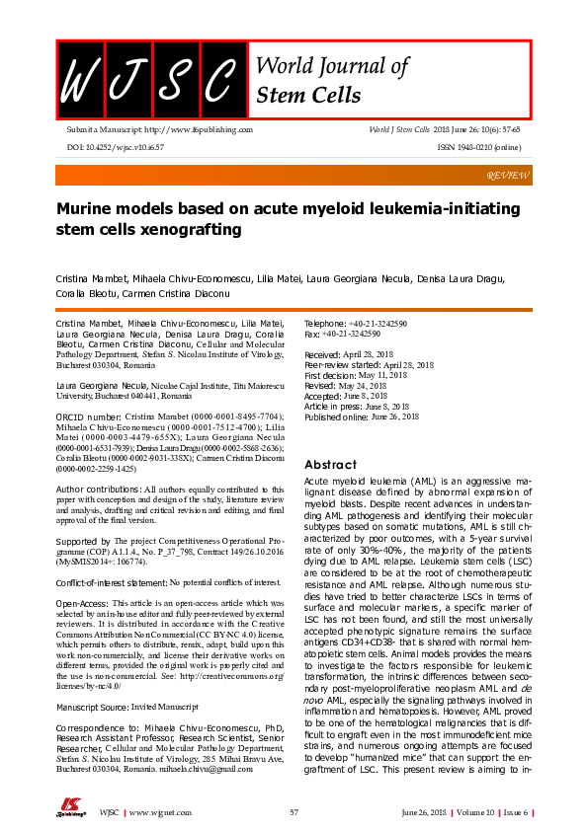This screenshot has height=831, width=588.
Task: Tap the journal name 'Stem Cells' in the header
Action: coord(308,96)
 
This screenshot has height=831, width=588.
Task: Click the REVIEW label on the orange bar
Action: coord(509,175)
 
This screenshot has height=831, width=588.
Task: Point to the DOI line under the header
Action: coord(115,146)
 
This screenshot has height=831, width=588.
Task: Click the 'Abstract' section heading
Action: coord(329,465)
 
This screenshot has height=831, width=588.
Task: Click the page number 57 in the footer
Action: coord(294,812)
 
